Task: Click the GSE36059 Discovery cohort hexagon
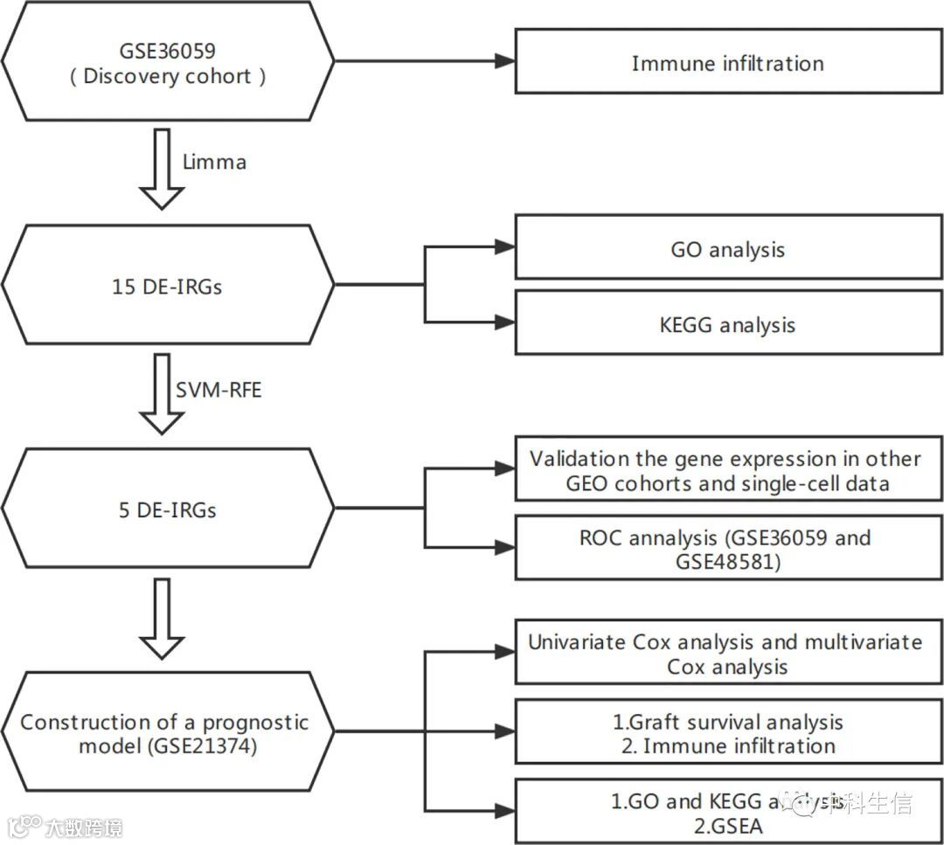click(x=168, y=61)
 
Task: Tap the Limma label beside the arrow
click(x=214, y=162)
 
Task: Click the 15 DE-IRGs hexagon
click(x=168, y=285)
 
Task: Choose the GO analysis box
click(x=727, y=249)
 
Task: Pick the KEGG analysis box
click(x=727, y=324)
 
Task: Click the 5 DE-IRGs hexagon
click(x=168, y=509)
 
